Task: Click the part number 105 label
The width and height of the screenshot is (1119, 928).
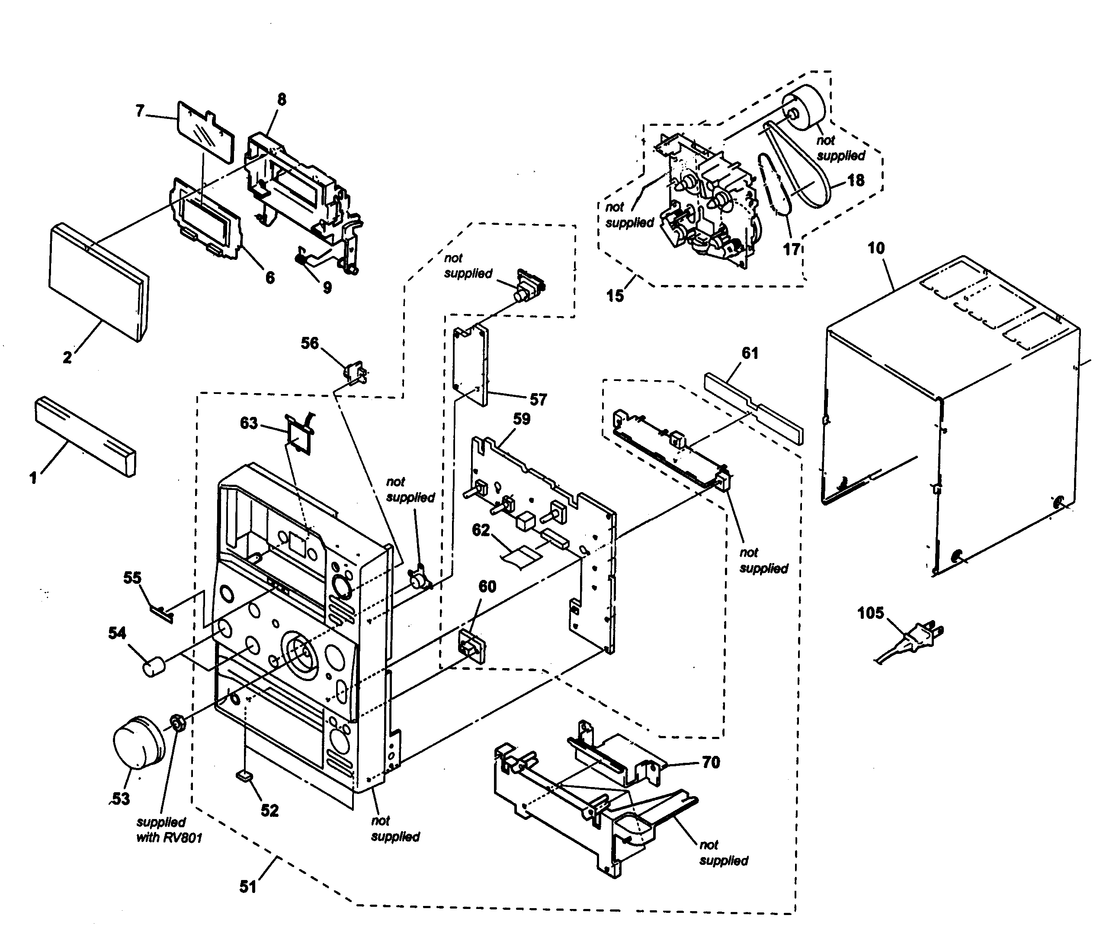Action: [x=870, y=613]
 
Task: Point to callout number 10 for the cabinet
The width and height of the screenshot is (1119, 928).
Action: [x=876, y=248]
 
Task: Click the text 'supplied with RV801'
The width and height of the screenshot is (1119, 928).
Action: [x=169, y=829]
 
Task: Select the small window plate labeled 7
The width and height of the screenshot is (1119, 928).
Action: [x=205, y=131]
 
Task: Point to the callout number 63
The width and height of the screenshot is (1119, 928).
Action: [x=248, y=423]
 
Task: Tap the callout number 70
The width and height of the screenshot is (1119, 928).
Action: [x=711, y=762]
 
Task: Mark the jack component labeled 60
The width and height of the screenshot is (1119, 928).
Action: [x=471, y=646]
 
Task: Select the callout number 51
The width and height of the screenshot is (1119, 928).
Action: [x=248, y=886]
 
